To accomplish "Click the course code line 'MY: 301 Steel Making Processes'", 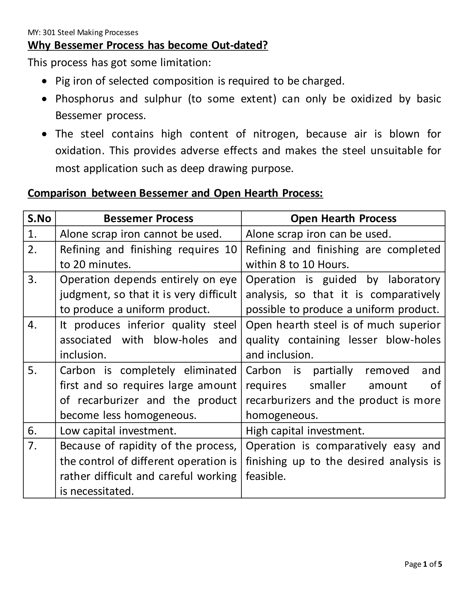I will tap(83, 33).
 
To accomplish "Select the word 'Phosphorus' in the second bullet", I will tap(85, 99).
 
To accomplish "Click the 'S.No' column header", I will tap(39, 219).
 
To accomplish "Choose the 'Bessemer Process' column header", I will tap(148, 219).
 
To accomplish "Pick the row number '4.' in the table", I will tap(32, 325).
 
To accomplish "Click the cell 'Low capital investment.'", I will tap(118, 431).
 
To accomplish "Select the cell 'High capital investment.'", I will tap(305, 431).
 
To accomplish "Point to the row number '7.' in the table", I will tap(32, 446).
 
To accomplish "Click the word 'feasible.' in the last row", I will tap(266, 476).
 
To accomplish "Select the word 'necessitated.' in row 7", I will tap(102, 491).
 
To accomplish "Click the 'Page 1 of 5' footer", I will tap(423, 564).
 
